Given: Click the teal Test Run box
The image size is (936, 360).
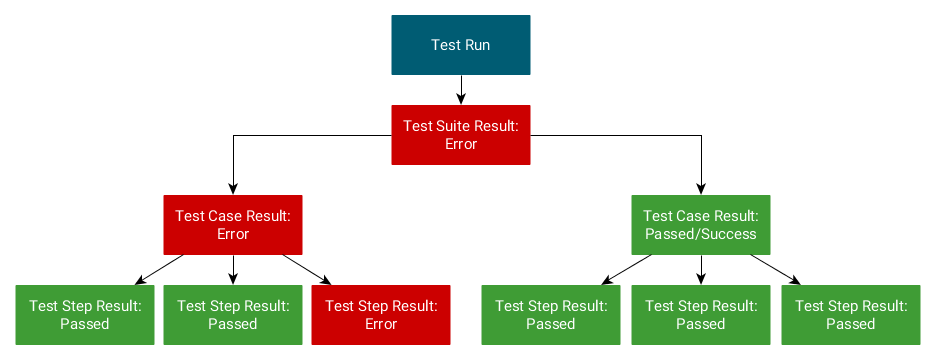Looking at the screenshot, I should [460, 45].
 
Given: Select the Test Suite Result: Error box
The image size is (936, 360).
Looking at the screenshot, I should [460, 135].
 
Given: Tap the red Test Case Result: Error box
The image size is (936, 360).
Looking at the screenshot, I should [233, 225].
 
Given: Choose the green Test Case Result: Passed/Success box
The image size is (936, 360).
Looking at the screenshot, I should [700, 225].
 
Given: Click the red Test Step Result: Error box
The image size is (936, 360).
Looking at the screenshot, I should [381, 315].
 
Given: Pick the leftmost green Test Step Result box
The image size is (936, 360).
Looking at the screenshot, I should [85, 315].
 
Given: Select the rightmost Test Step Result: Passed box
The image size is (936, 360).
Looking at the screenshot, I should [850, 315].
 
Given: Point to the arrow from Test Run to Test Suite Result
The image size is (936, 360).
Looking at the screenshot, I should [460, 90].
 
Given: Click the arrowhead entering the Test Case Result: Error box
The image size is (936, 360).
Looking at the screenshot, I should [233, 188].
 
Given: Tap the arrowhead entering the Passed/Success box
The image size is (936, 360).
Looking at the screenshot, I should [700, 188].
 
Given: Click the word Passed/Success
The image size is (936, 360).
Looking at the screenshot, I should [700, 234].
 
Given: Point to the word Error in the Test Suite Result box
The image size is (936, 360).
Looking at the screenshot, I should [460, 144].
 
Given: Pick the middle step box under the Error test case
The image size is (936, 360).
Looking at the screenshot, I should [233, 315].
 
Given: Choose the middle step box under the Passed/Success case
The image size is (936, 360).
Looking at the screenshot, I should [700, 315].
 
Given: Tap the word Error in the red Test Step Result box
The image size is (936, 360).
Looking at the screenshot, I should [381, 324].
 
